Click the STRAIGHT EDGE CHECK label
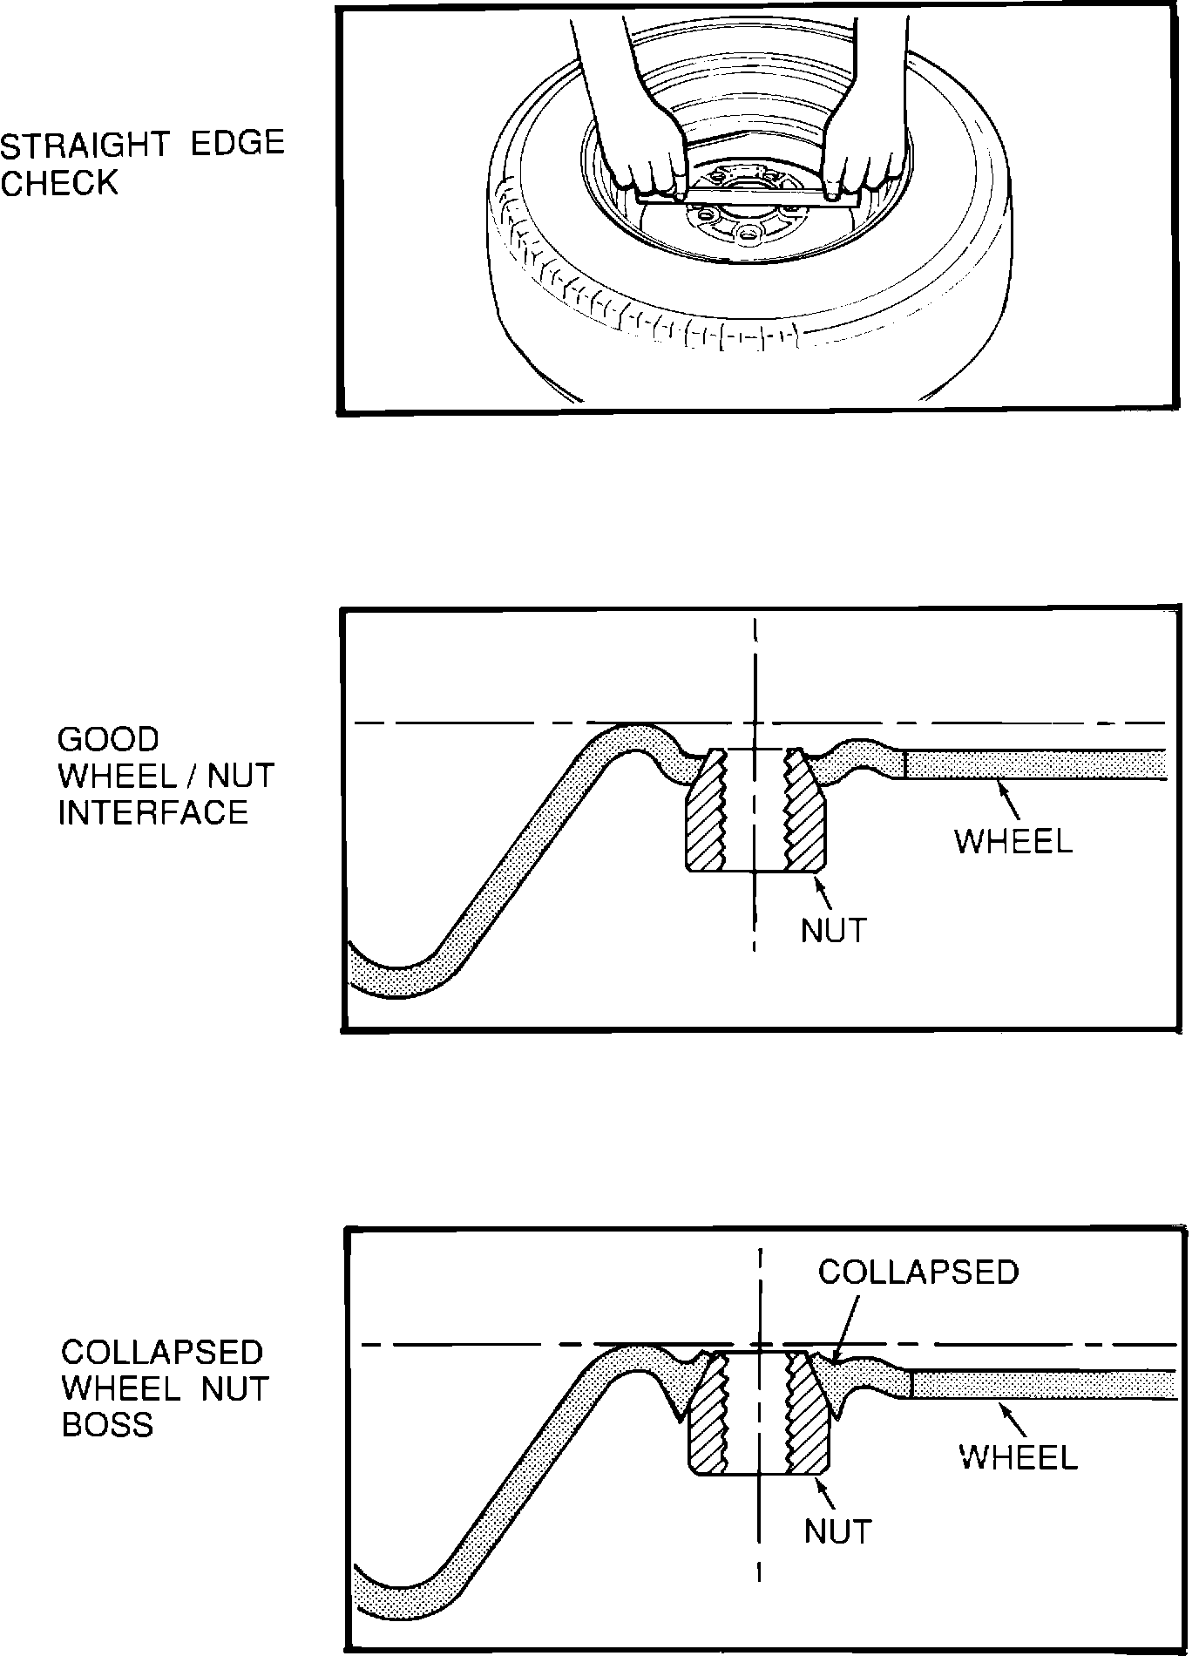(142, 163)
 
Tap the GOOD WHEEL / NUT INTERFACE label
(166, 776)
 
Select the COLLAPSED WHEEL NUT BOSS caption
(165, 1388)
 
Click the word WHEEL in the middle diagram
(1013, 842)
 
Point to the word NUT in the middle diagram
(834, 931)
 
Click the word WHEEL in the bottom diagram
(1018, 1456)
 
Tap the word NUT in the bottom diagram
(837, 1530)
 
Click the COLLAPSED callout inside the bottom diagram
(918, 1272)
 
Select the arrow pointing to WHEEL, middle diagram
(1008, 796)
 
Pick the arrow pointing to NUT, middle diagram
(823, 892)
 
